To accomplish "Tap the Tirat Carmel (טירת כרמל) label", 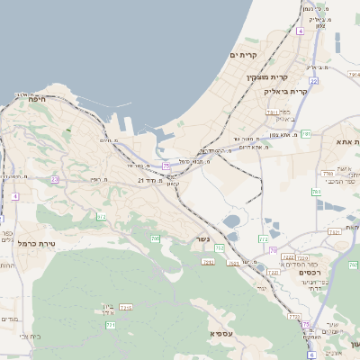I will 38,243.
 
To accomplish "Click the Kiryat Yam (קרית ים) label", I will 244,56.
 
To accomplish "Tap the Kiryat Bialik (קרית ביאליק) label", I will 286,91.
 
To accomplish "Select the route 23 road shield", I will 54,179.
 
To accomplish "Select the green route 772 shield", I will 263,238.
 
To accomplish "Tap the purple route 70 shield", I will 273,249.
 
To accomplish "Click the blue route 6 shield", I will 312,354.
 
